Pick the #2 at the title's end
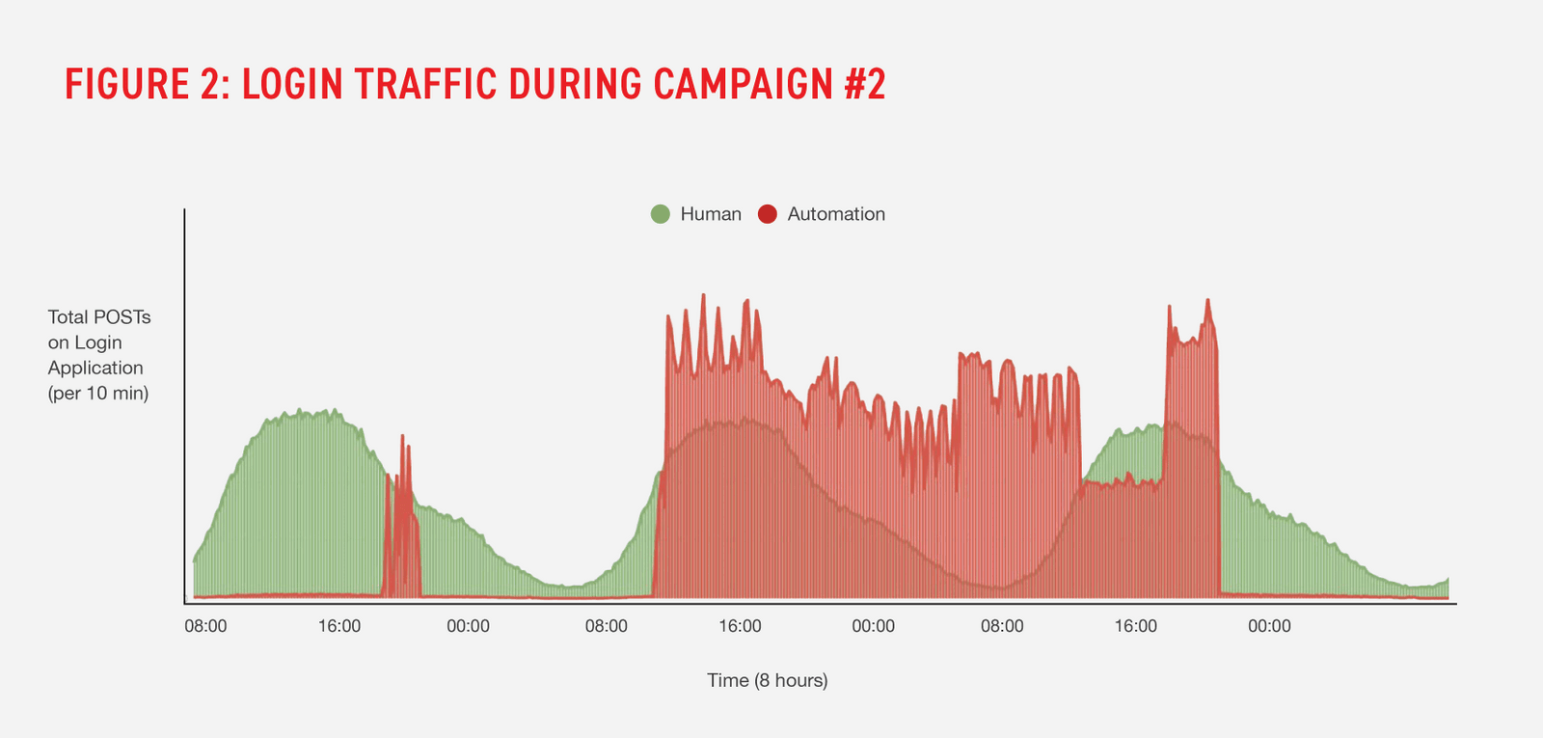point(865,85)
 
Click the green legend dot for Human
point(661,214)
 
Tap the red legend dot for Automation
point(768,214)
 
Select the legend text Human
point(711,214)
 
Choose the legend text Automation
point(836,214)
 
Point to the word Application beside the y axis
point(95,368)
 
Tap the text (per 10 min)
point(98,393)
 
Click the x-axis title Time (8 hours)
point(768,680)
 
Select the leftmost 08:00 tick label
point(205,626)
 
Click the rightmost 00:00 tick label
point(1269,626)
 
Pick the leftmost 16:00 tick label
point(339,626)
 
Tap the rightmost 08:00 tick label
point(1002,626)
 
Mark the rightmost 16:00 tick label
point(1136,626)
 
